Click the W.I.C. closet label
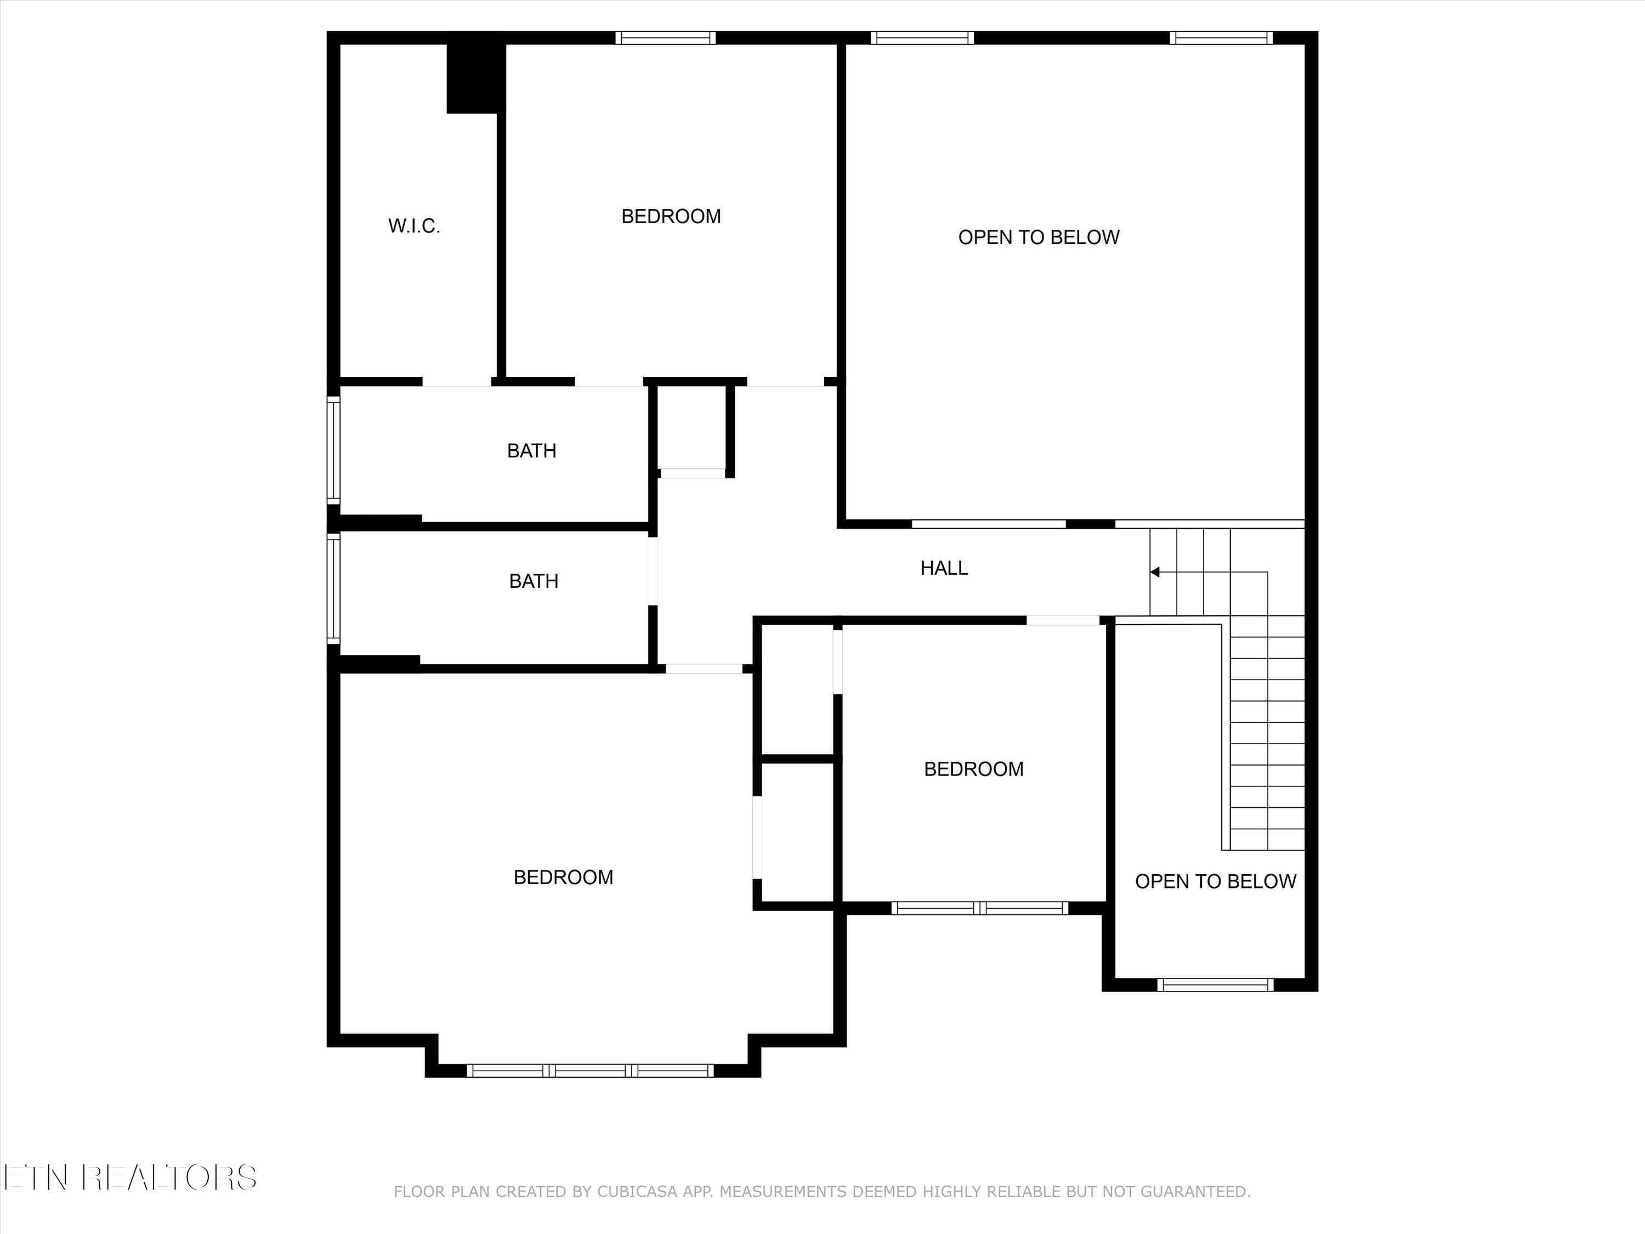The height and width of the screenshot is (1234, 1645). click(x=414, y=226)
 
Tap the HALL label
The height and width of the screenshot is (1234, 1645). click(x=944, y=568)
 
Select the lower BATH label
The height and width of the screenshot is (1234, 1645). click(x=533, y=581)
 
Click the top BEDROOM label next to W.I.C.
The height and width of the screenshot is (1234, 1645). click(x=671, y=217)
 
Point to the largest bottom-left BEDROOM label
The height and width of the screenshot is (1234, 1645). click(x=563, y=878)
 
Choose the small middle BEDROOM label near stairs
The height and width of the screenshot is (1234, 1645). click(x=973, y=769)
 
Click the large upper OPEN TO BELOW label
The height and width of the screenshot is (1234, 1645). click(x=1038, y=237)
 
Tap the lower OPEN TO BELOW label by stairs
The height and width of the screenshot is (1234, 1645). click(x=1215, y=881)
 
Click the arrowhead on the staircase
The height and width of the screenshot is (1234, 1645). click(x=1155, y=572)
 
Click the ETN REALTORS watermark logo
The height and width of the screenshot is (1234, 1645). click(x=130, y=1178)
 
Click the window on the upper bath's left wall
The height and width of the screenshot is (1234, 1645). click(x=334, y=450)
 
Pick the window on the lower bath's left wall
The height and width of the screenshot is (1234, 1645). click(x=334, y=587)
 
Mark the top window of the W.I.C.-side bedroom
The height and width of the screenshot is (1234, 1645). click(x=666, y=38)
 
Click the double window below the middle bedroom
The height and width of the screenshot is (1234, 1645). click(x=979, y=908)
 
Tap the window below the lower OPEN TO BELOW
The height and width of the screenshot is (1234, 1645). click(x=1215, y=985)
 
